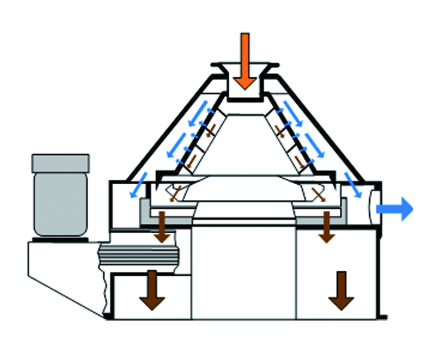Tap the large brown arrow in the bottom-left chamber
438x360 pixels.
[152, 289]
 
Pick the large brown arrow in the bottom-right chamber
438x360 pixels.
[341, 290]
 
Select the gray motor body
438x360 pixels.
[60, 203]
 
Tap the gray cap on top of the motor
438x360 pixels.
[60, 162]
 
